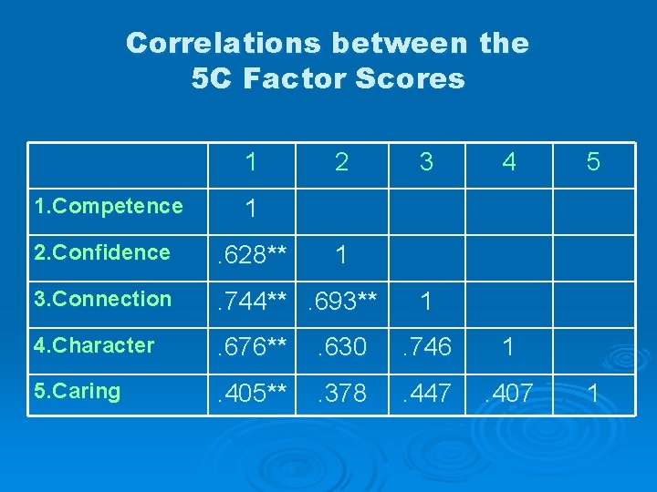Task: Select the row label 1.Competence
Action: coord(108,206)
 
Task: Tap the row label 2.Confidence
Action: coord(101,252)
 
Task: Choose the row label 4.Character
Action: coord(94,345)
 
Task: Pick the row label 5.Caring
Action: coord(77,392)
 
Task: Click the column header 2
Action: coord(341,162)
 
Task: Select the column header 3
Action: coord(425,162)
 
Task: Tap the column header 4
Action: coord(509,162)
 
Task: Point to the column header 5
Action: coord(593,162)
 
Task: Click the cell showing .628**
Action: coord(250,255)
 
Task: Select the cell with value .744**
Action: coord(250,302)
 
